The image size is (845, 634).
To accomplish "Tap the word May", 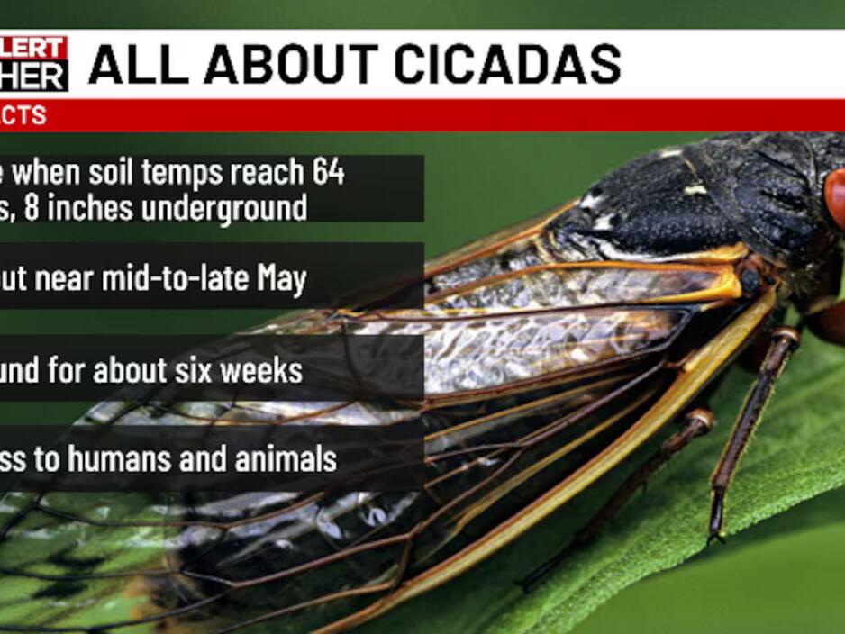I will tap(281, 279).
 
